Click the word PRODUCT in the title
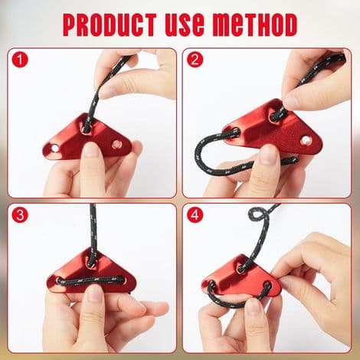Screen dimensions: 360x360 (110, 25)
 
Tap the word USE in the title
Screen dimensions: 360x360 (185, 25)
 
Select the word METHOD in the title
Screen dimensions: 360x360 (255, 25)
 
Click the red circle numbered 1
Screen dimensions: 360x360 (20, 60)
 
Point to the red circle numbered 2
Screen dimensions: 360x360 (195, 60)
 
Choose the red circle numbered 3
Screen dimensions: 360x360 (20, 214)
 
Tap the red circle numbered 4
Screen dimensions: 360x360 (195, 214)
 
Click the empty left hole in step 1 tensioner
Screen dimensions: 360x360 (55, 148)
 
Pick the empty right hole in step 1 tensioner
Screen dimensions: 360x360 (116, 144)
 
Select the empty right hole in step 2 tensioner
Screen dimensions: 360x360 (305, 140)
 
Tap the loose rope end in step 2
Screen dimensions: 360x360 (293, 161)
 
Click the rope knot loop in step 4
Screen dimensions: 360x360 (258, 214)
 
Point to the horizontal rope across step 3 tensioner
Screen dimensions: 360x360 (91, 281)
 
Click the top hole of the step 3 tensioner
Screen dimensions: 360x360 (91, 263)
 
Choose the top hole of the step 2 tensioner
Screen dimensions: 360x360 (276, 116)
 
